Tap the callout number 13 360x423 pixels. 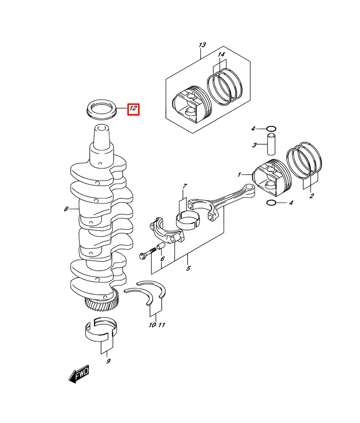202,45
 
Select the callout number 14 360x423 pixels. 221,55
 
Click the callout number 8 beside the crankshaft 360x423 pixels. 66,209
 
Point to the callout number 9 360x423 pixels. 109,361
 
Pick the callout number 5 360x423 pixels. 188,268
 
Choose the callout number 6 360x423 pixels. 162,259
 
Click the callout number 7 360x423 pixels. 185,186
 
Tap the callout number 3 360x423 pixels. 254,145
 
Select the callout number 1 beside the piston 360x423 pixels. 239,175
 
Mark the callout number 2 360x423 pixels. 312,196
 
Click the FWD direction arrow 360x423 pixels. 79,374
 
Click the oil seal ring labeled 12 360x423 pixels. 102,109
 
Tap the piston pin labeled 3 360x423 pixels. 271,144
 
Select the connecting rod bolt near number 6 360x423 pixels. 148,253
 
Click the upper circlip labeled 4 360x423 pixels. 271,129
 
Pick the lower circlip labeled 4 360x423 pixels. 271,203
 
